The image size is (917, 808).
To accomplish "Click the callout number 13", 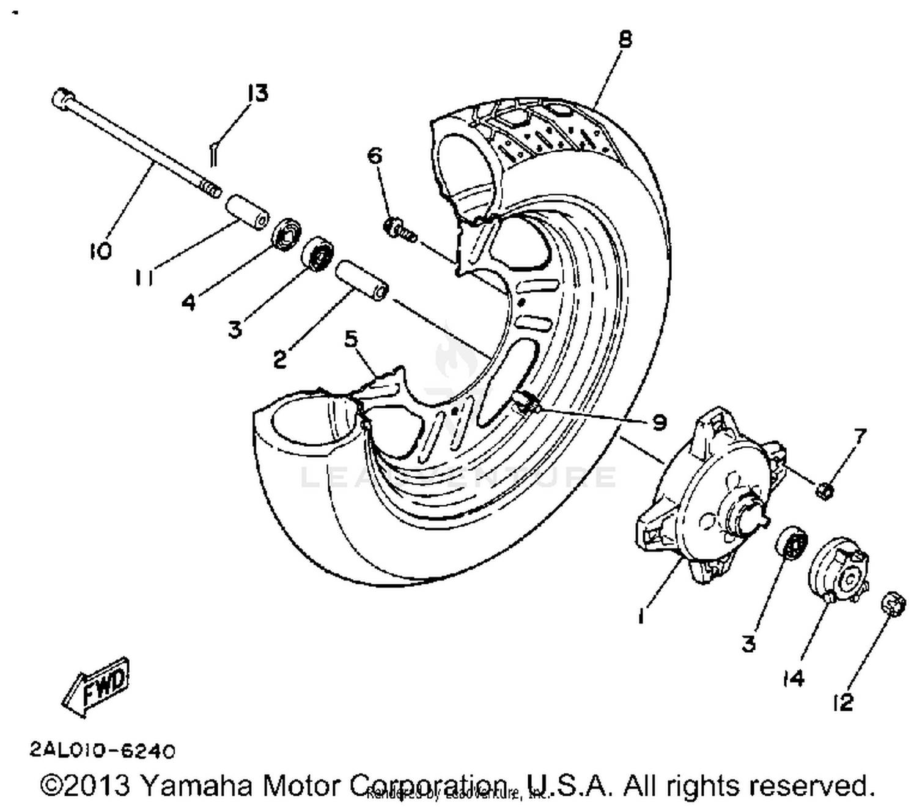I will (257, 94).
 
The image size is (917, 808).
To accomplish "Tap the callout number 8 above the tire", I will (624, 39).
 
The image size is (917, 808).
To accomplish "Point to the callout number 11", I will (144, 278).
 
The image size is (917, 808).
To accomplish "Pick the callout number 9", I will (659, 422).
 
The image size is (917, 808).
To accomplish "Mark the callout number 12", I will (843, 703).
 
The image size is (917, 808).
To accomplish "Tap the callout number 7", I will (860, 436).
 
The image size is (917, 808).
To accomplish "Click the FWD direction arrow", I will (96, 686).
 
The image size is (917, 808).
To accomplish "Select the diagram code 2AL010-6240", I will (102, 750).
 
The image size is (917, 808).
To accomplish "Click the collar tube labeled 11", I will (248, 213).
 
